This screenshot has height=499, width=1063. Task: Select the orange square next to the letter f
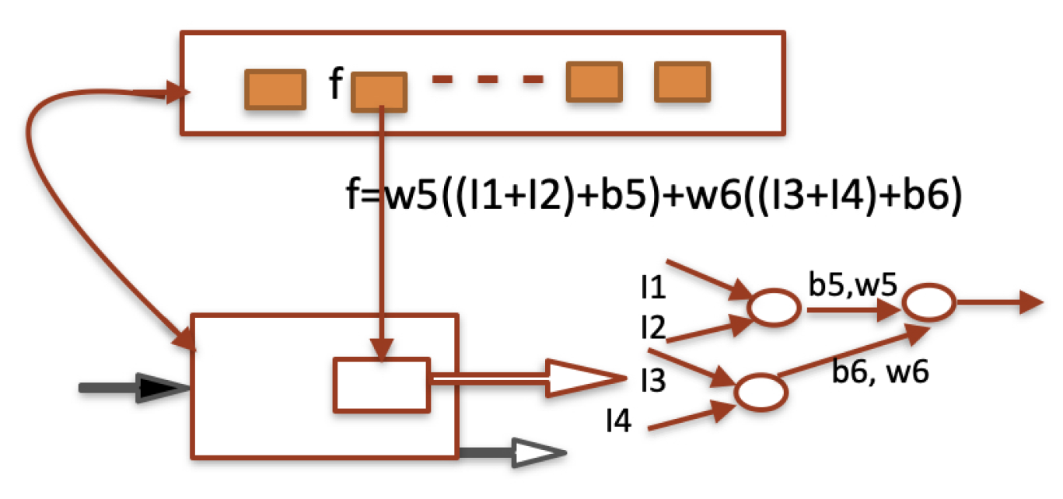pyautogui.click(x=379, y=92)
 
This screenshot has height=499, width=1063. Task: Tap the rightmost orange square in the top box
pyautogui.click(x=682, y=82)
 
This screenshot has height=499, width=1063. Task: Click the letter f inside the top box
pyautogui.click(x=334, y=85)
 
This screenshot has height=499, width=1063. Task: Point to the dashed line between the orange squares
pyautogui.click(x=488, y=79)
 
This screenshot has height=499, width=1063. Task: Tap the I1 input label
pyautogui.click(x=652, y=290)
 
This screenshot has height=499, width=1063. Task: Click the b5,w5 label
pyautogui.click(x=852, y=284)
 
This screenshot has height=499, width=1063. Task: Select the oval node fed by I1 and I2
pyautogui.click(x=774, y=308)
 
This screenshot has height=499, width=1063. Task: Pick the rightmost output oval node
pyautogui.click(x=928, y=302)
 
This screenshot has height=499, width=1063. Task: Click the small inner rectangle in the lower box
pyautogui.click(x=381, y=385)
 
